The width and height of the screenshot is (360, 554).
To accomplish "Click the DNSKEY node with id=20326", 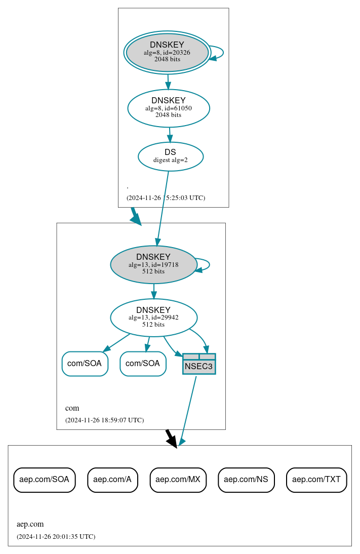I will [167, 52].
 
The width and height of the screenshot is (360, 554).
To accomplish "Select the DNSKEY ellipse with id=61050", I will [169, 108].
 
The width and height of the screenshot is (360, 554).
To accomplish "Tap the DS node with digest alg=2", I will [171, 156].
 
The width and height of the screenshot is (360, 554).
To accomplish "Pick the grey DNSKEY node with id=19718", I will [153, 264].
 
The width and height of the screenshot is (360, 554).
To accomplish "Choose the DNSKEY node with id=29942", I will [153, 318].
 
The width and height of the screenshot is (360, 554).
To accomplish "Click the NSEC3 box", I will [199, 364].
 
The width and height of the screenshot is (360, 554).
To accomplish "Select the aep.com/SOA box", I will [45, 479].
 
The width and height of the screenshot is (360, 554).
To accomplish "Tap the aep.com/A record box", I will [112, 479].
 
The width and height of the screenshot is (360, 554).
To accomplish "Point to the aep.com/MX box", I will [178, 479].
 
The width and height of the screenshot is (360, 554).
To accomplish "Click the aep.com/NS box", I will [246, 479].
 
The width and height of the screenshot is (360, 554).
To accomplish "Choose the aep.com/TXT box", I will [316, 479].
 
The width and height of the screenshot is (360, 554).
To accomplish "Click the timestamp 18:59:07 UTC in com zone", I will [104, 420].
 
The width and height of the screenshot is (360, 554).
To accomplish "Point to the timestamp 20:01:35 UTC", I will [56, 536].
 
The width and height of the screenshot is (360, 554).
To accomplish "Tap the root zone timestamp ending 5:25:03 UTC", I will [166, 197].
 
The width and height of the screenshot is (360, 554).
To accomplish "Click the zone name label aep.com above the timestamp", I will [30, 524].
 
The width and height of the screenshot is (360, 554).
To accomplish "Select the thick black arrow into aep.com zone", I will [172, 438].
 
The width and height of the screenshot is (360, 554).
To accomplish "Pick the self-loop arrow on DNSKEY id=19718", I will [208, 265].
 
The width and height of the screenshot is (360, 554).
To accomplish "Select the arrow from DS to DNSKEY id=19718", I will [163, 208].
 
